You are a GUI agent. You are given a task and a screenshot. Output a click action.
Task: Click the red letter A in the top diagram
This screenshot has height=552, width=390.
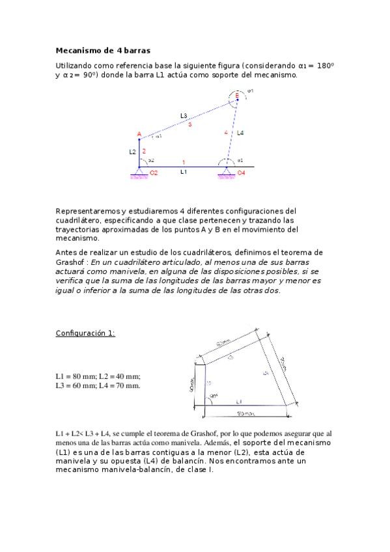click(139, 134)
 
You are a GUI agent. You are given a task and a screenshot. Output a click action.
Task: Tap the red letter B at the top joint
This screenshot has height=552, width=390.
click(237, 96)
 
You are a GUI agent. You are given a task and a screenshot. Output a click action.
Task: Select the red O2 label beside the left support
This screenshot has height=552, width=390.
click(154, 173)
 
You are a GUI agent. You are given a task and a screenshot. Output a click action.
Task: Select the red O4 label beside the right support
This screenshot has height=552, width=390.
click(242, 173)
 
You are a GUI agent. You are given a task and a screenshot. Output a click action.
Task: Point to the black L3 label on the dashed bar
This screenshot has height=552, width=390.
click(184, 115)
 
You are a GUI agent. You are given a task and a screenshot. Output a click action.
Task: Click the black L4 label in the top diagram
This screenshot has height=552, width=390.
click(240, 133)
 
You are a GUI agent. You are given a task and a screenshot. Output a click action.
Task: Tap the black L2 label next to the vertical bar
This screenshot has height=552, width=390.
click(132, 151)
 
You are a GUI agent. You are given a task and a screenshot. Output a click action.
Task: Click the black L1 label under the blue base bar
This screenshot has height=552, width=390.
click(184, 172)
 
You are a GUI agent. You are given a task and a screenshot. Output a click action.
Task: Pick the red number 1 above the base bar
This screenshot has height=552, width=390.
click(184, 162)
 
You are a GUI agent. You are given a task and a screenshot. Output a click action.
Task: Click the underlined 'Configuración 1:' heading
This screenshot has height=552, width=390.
click(85, 333)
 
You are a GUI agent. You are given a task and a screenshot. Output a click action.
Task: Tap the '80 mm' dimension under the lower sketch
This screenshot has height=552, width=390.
click(245, 413)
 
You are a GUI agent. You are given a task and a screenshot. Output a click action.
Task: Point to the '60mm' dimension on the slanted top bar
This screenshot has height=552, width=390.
click(223, 342)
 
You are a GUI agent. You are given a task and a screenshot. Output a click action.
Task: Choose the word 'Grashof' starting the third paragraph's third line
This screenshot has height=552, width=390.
click(70, 271)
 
